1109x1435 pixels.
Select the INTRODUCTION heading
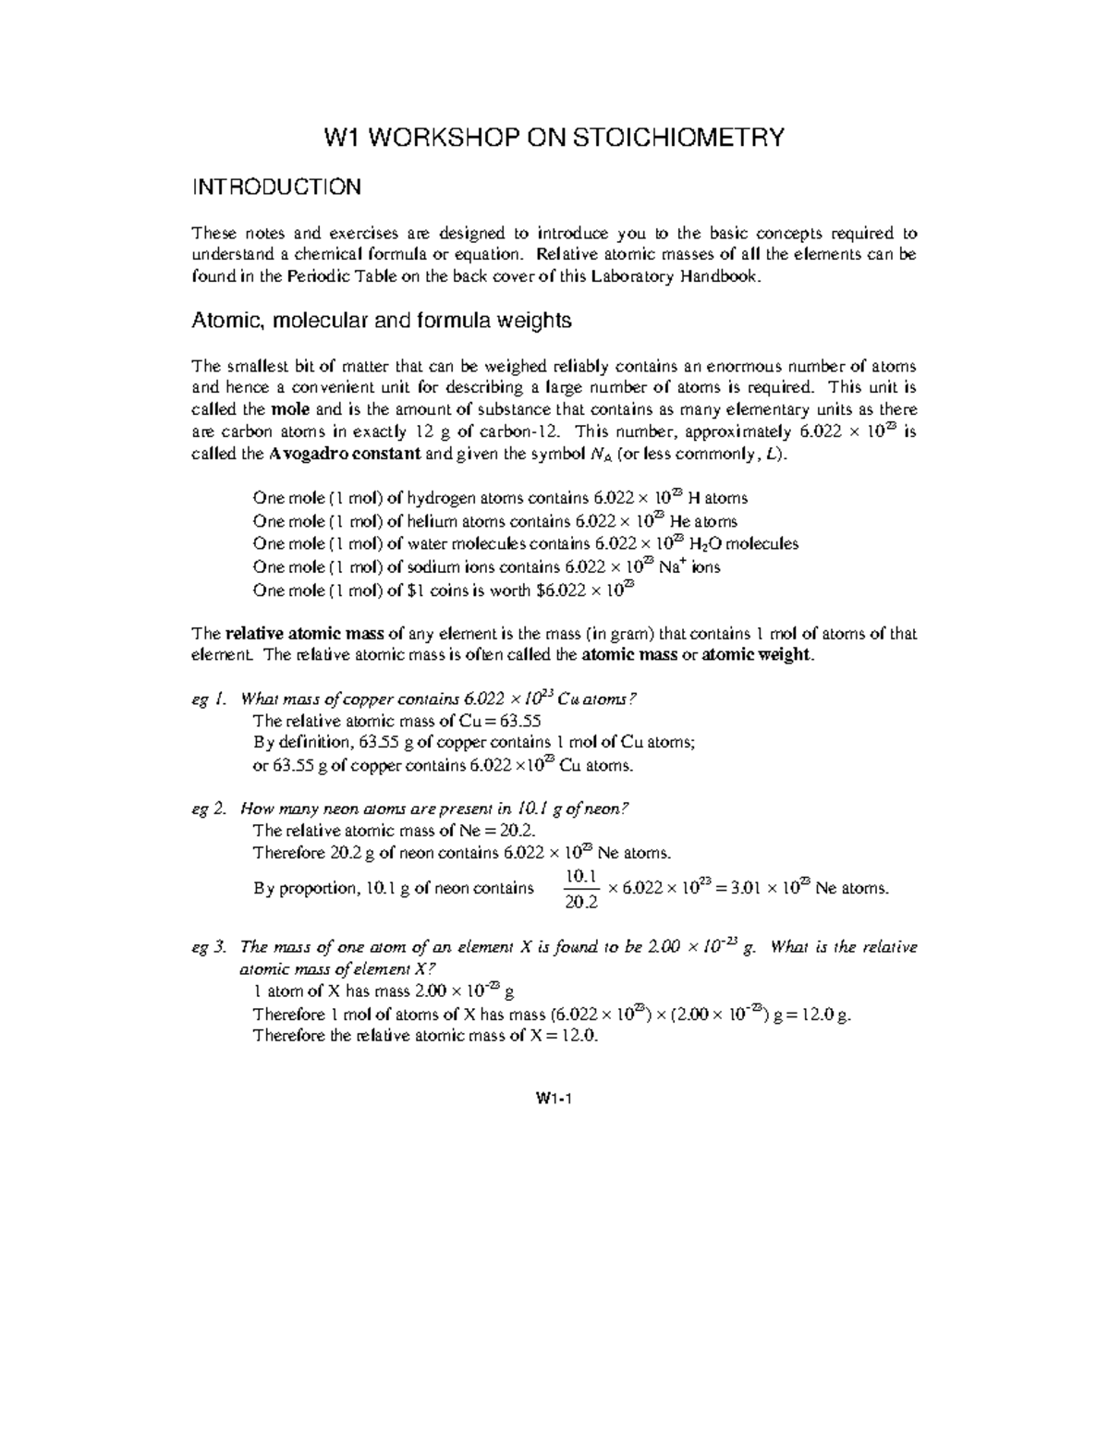(275, 188)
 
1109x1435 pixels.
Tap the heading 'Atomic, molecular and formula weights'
(381, 321)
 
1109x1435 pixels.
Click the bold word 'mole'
(291, 409)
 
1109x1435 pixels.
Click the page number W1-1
(554, 1099)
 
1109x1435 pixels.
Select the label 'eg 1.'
(208, 699)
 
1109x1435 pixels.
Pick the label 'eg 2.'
(208, 809)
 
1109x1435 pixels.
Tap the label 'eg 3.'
(208, 947)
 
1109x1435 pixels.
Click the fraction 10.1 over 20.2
(581, 889)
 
